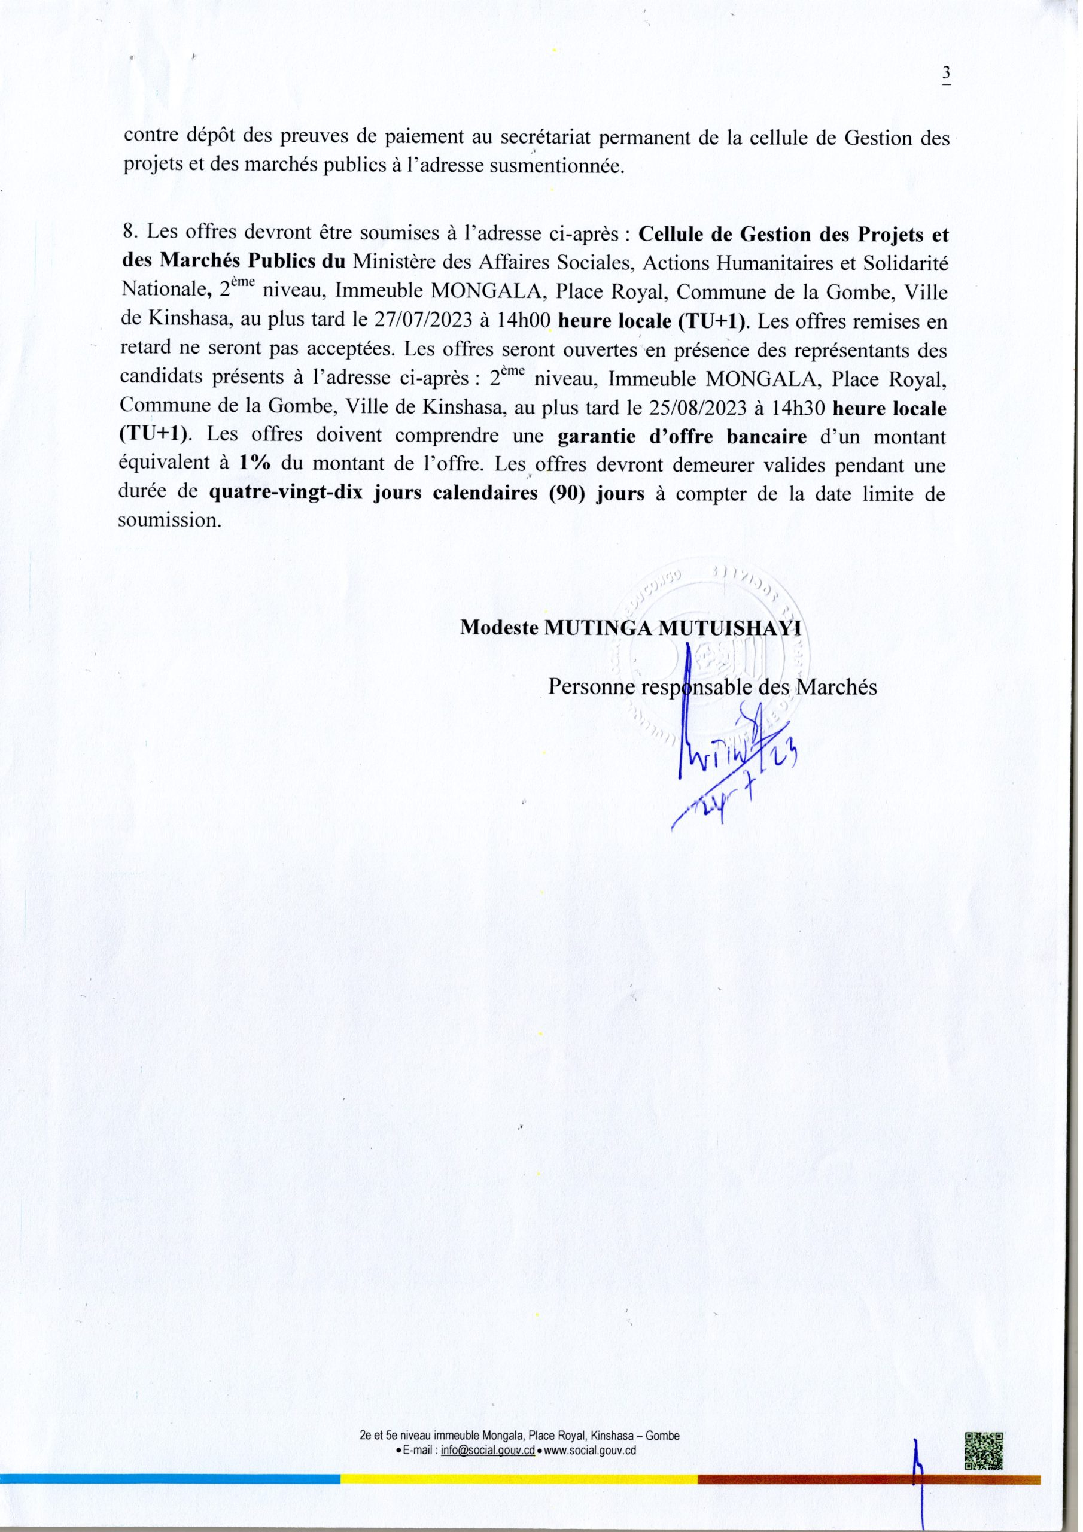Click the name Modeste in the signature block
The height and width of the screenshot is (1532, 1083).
tap(499, 628)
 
